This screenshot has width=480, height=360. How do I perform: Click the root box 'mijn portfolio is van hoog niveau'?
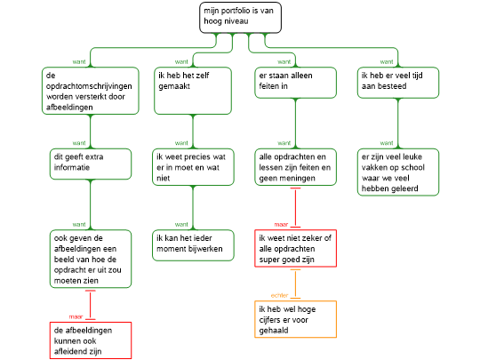240,18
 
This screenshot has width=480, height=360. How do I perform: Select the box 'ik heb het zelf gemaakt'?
193,91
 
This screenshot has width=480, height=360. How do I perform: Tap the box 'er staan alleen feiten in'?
295,83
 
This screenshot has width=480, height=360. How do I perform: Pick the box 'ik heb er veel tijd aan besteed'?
398,83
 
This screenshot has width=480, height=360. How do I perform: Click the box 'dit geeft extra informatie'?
91,164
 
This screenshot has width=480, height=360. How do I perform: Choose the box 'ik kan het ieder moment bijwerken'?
193,245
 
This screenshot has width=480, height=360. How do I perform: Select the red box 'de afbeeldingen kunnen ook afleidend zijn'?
91,340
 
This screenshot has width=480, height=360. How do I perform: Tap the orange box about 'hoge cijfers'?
295,319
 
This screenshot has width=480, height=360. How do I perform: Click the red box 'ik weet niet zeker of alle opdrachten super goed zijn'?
295,248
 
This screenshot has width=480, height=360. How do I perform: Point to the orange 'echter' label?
279,295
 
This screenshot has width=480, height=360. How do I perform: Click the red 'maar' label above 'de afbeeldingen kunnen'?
76,316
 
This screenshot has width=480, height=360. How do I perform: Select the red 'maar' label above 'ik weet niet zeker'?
281,224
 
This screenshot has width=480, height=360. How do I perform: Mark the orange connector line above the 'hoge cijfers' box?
295,284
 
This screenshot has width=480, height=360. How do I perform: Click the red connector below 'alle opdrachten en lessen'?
295,207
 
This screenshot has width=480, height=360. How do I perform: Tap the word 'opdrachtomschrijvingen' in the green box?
89,86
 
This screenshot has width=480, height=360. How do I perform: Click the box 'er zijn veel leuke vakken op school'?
398,172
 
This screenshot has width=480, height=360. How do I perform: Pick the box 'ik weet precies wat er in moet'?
193,167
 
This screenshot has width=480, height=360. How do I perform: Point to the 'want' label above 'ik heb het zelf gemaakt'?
181,61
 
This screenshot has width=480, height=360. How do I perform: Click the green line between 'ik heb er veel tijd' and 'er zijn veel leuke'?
398,124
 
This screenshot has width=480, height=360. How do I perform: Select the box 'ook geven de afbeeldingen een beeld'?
91,259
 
